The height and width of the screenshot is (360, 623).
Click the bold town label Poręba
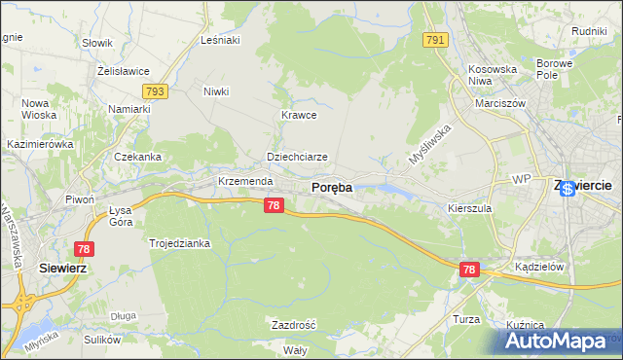pyautogui.click(x=331, y=188)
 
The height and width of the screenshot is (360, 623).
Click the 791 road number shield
pyautogui.click(x=435, y=40)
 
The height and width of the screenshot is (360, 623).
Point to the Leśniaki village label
pyautogui.click(x=219, y=40)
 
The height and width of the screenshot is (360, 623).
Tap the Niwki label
pyautogui.click(x=216, y=92)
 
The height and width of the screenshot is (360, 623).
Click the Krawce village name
pyautogui.click(x=300, y=115)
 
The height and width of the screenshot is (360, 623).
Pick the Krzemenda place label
pyautogui.click(x=242, y=182)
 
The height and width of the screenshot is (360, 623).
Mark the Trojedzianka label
pyautogui.click(x=179, y=243)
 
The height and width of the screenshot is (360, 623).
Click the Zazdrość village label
pyautogui.click(x=293, y=324)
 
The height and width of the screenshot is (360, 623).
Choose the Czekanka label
pyautogui.click(x=137, y=157)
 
